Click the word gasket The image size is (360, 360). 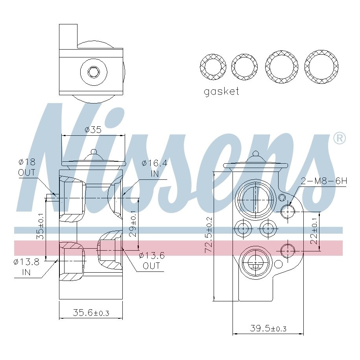[221, 92]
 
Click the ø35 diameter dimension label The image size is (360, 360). [93, 129]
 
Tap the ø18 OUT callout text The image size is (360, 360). [27, 167]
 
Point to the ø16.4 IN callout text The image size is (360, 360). [154, 168]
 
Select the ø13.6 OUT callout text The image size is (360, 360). [151, 260]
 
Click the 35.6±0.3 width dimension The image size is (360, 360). [91, 313]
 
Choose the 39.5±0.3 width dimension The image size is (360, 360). [268, 328]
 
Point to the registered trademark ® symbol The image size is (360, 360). [339, 138]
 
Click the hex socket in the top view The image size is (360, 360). [93, 72]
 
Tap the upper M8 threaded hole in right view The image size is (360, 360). [288, 212]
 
